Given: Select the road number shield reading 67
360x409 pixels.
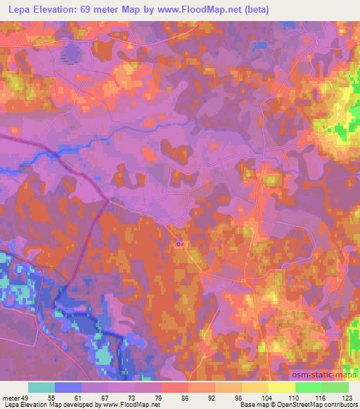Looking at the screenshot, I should tap(179, 244).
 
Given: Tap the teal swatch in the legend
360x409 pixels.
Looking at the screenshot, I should tap(41, 387).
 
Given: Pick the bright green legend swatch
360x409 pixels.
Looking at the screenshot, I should tap(308, 387).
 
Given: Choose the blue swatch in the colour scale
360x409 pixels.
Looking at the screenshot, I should tap(68, 387).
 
